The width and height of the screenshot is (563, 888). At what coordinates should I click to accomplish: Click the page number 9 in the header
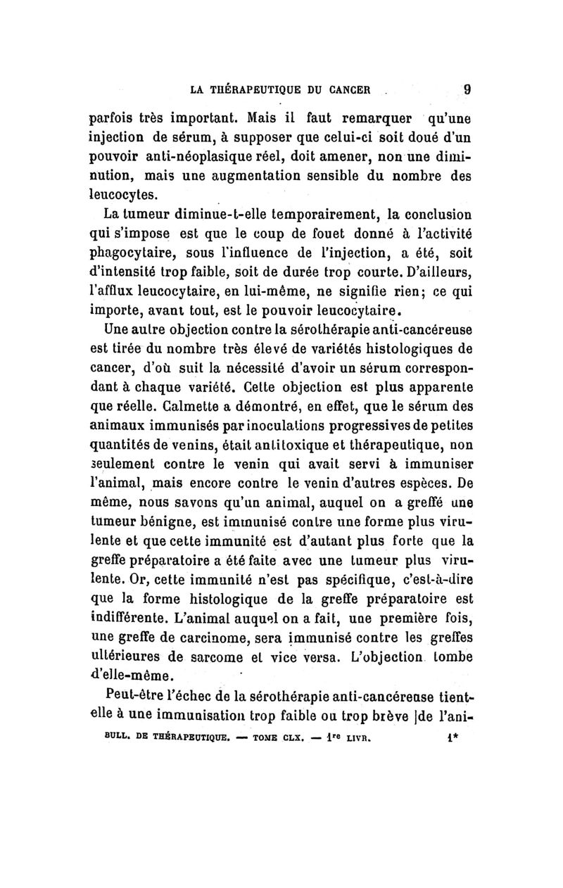[467, 89]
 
